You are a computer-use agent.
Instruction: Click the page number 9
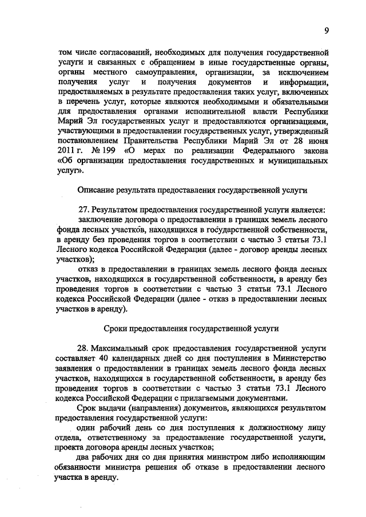click(x=326, y=30)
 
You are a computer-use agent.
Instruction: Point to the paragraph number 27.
click(x=83, y=211)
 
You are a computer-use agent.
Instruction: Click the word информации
click(x=304, y=83)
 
